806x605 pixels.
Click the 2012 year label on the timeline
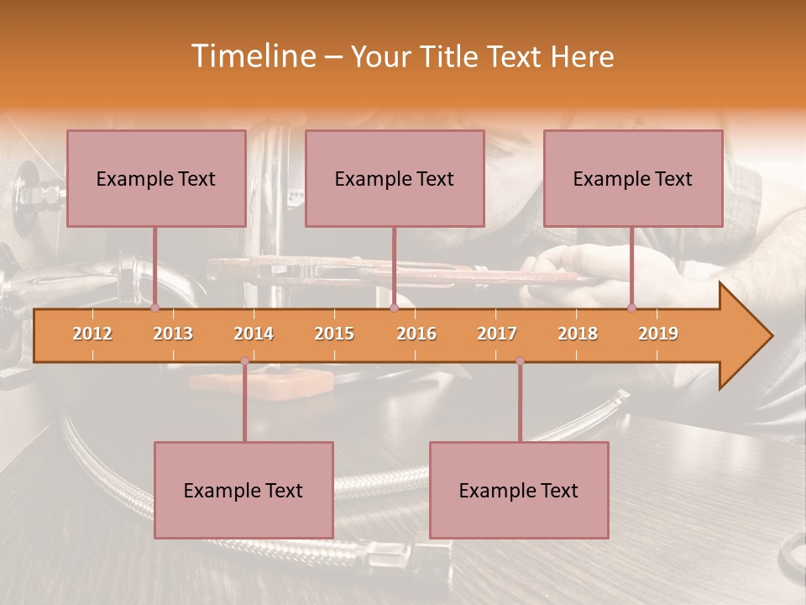click(x=92, y=334)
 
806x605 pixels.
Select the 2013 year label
click(x=173, y=334)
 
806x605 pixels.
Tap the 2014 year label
click(x=254, y=334)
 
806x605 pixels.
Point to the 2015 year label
click(x=334, y=334)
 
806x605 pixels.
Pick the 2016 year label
click(x=416, y=334)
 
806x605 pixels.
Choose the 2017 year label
click(x=497, y=334)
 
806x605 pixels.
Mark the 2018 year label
click(x=578, y=334)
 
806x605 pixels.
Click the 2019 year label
click(x=658, y=334)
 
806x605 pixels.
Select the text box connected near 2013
click(x=156, y=178)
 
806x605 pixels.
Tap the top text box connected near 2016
click(x=395, y=178)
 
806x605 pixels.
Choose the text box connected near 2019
click(x=633, y=178)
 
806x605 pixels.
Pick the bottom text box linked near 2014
click(x=243, y=490)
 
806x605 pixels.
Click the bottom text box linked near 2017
click(x=519, y=490)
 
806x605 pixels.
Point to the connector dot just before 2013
click(x=155, y=308)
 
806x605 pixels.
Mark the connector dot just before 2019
click(x=632, y=308)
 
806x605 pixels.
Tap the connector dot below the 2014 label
click(x=244, y=361)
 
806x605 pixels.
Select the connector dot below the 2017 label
click(x=520, y=361)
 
